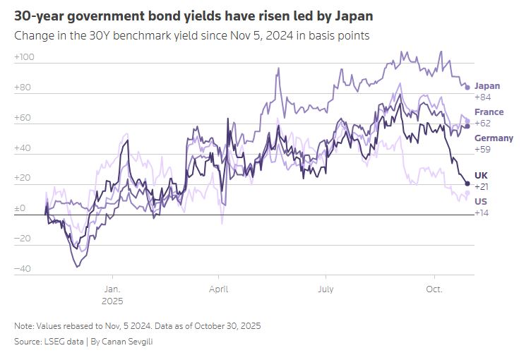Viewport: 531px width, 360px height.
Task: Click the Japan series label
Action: (487, 86)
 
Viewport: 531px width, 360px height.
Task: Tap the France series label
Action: (489, 112)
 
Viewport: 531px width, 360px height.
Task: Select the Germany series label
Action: (494, 138)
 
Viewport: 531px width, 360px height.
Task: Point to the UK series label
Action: (481, 175)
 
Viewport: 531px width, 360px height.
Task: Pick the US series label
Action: (481, 201)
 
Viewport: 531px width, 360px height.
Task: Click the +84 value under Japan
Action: (482, 97)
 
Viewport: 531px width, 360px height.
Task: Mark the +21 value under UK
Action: (481, 186)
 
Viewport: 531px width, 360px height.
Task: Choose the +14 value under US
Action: (481, 212)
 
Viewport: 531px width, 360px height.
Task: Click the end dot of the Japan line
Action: (467, 88)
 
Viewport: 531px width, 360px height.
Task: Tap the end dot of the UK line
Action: (467, 184)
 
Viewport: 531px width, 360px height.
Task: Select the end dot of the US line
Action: (467, 193)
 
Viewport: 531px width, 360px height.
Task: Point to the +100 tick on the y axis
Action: (25, 57)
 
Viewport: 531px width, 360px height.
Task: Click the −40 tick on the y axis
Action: (23, 269)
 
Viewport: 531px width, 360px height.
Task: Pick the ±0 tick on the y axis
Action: (20, 209)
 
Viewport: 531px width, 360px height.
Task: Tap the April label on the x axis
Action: (218, 289)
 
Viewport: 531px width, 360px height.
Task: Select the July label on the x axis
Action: (326, 289)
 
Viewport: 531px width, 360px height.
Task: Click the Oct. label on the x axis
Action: (434, 289)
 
